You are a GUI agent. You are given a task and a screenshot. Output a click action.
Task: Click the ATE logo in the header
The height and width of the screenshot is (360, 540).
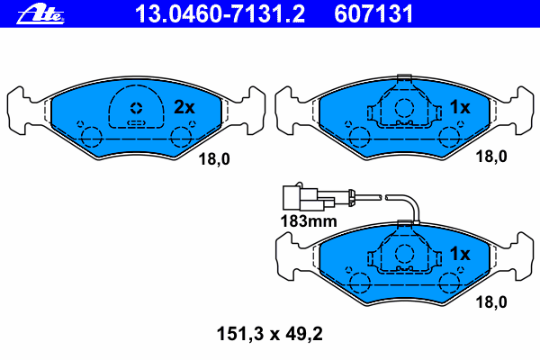coord(40,13)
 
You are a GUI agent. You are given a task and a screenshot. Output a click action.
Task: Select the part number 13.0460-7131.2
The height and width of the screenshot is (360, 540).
coord(220,13)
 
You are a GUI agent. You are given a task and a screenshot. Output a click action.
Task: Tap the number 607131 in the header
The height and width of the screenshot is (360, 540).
coord(373,13)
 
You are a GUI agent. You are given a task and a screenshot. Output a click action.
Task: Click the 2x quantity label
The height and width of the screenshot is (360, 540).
coord(184,107)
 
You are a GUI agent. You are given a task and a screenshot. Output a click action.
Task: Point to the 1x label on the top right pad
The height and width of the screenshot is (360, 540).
coord(460,107)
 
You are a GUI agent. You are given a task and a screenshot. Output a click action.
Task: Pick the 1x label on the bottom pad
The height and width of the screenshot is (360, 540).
coord(460,254)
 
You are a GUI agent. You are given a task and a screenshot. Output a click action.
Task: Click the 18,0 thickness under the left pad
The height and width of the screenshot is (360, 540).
coord(214,159)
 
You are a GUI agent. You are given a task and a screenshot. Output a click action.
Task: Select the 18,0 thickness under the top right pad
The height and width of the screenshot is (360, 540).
coord(491,157)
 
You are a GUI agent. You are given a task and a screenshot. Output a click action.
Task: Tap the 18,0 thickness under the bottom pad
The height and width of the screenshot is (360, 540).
coord(491,302)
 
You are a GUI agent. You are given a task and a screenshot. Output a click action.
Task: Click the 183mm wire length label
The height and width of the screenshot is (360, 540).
coord(309,221)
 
